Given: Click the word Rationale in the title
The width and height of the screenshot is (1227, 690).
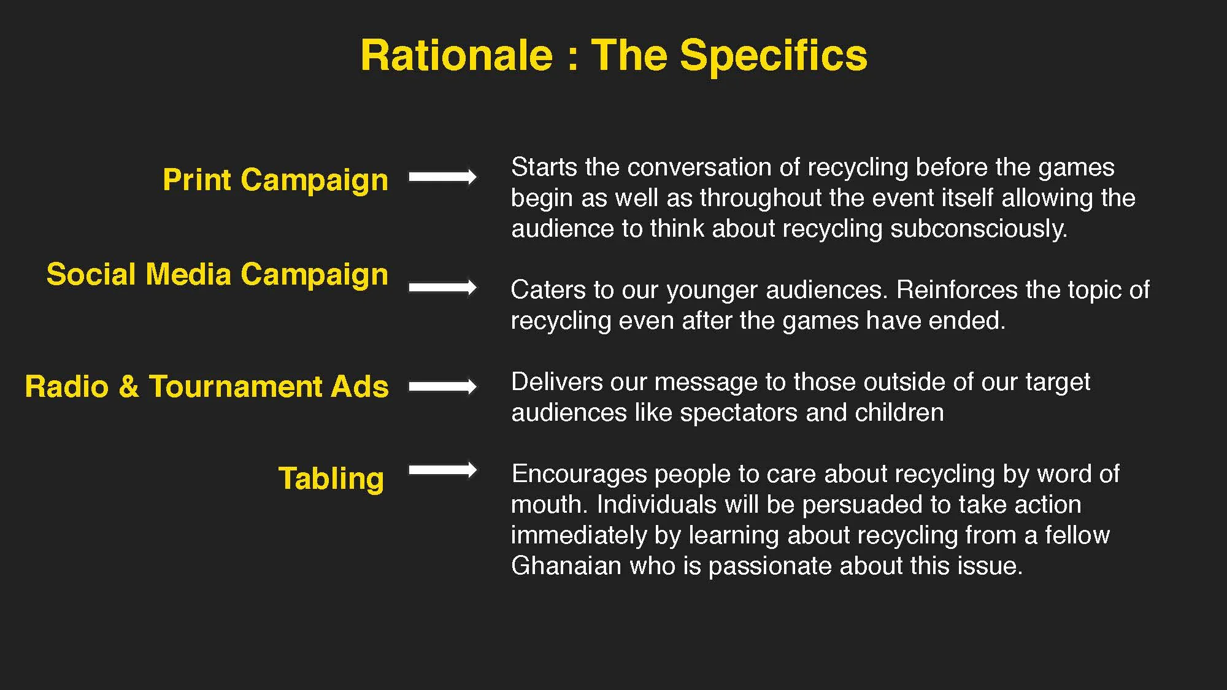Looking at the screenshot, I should point(456,56).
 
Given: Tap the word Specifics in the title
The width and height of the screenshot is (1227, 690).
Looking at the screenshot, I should point(774,56).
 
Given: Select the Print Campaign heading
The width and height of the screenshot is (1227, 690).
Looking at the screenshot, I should point(275,180).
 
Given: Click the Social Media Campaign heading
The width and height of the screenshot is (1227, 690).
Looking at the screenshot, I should point(217,274).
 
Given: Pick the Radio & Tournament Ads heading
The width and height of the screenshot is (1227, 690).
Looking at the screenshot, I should point(207,387).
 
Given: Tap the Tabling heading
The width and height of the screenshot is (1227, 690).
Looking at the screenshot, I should point(331,478).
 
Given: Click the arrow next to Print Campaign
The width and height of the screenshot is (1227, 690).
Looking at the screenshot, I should point(442,177).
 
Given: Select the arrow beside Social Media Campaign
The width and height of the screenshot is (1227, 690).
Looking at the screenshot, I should point(442,287).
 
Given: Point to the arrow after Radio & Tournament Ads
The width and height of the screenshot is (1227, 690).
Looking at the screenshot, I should point(442,386).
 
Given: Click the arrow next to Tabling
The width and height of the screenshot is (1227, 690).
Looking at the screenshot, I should point(442,470).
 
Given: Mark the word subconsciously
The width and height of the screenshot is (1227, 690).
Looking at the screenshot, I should point(979,229).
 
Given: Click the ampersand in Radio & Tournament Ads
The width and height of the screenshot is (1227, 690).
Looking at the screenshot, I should point(129,387).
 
